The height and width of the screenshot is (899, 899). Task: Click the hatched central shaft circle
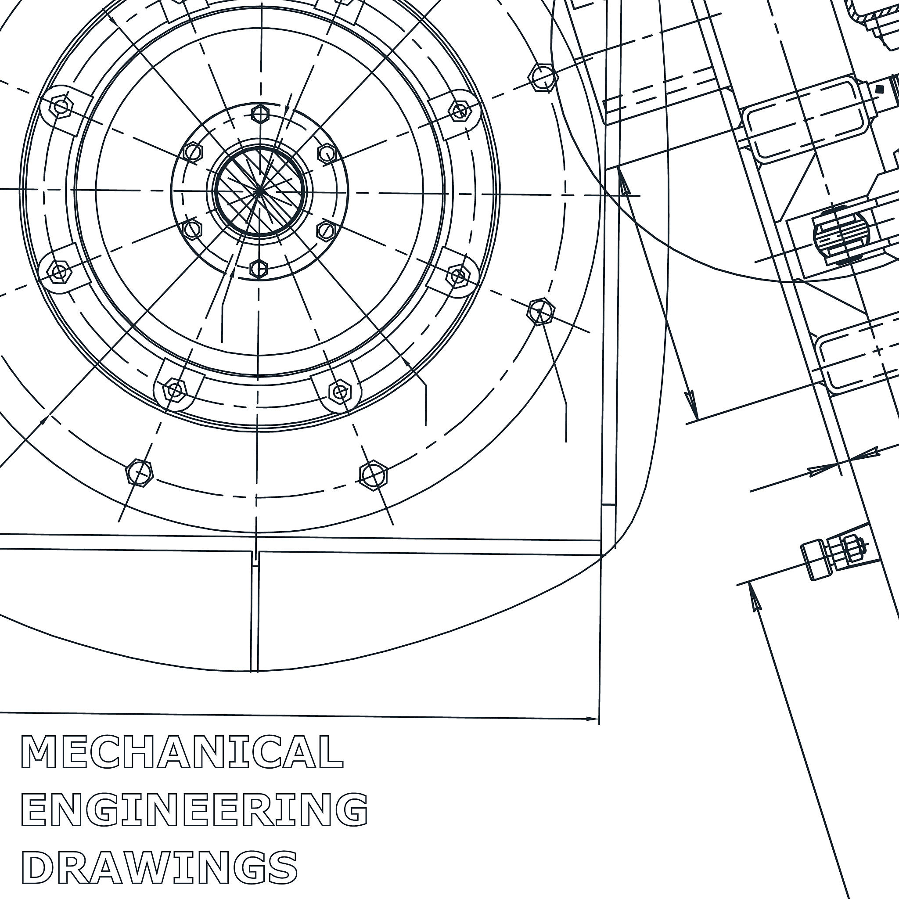click(x=259, y=191)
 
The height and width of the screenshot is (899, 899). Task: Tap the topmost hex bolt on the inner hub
click(x=260, y=114)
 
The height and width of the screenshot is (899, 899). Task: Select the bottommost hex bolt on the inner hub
click(x=259, y=269)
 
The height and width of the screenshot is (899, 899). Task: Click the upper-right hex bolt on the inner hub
click(x=327, y=154)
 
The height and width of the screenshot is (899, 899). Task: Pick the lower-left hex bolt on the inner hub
click(x=192, y=230)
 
